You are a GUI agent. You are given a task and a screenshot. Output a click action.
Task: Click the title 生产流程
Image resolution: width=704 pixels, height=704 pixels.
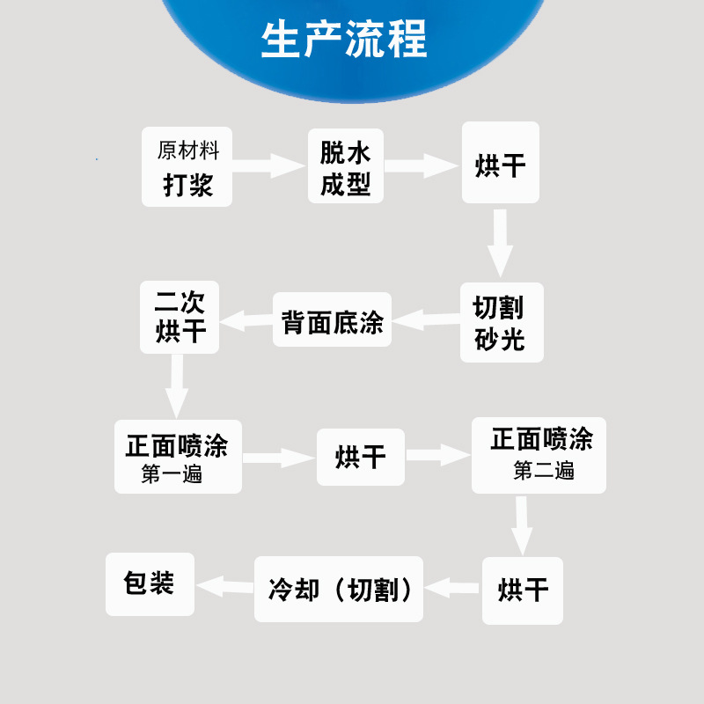click(344, 38)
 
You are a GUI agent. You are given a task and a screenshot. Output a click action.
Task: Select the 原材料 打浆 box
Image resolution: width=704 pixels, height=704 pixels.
click(187, 167)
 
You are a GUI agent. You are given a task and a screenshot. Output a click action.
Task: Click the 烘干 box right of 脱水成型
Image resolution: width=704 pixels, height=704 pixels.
click(500, 164)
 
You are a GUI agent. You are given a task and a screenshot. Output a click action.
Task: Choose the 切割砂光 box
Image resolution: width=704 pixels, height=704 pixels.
click(502, 322)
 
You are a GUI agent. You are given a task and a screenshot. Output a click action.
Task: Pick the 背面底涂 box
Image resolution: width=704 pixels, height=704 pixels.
click(332, 320)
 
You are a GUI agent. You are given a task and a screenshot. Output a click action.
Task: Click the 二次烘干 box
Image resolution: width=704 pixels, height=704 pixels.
click(180, 318)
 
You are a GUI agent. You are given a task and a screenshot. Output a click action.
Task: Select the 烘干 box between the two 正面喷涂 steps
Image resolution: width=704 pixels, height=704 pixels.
click(361, 457)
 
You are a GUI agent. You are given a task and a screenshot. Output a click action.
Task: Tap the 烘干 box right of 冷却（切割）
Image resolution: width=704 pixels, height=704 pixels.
click(523, 589)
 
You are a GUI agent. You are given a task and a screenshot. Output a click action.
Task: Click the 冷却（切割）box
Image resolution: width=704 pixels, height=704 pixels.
click(339, 589)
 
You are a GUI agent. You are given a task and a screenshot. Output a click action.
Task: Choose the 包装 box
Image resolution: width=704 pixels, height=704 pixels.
click(150, 583)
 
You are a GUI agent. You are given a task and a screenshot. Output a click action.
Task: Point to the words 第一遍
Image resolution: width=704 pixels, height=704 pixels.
click(172, 474)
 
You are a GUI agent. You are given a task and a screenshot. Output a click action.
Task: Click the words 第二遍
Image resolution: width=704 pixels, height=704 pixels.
click(544, 471)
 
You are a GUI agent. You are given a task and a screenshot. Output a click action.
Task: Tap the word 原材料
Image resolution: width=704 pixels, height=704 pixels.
click(187, 150)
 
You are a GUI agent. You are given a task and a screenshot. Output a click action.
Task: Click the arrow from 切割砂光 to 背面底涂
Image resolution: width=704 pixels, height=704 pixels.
click(426, 319)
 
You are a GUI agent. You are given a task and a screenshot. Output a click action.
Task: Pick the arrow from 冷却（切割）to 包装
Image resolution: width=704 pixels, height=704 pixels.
click(226, 585)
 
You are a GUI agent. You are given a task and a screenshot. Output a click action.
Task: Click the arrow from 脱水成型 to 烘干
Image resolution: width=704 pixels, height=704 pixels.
click(422, 165)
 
